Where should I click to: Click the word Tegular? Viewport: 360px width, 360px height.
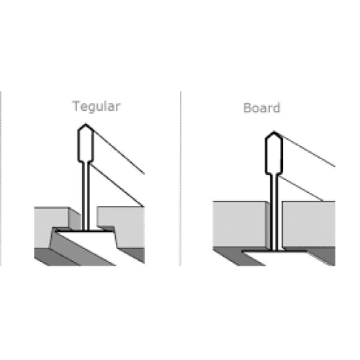96,107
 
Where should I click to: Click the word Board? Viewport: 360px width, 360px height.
261,108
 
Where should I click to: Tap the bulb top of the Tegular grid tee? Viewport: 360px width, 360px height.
86,143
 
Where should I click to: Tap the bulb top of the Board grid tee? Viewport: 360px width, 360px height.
274,153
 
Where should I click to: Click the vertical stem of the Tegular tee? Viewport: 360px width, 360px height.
86,196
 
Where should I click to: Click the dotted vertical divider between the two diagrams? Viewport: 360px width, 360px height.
180,179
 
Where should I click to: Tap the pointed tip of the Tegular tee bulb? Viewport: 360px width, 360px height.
86,124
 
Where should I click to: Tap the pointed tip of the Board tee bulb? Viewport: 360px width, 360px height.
274,132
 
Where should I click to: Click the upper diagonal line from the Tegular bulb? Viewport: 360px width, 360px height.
115,149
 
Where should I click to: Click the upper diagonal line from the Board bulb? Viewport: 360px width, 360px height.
305,149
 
